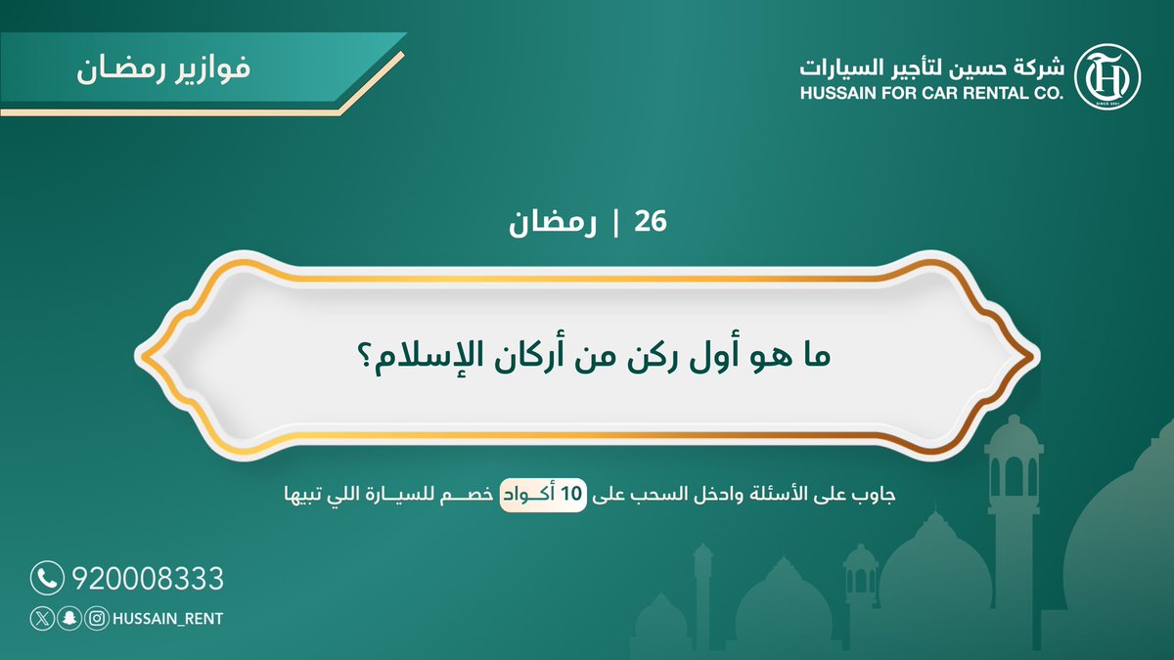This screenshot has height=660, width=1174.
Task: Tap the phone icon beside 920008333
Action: coord(46,578)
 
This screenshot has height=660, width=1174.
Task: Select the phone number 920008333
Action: coord(148,579)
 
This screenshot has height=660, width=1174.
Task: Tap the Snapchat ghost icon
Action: coord(68,618)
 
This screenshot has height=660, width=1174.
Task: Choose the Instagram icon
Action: coord(95,618)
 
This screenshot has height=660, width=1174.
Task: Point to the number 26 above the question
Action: coord(651,223)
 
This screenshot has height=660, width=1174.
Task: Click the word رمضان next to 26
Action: coord(548,224)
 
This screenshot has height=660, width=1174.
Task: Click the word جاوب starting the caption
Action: coord(873,496)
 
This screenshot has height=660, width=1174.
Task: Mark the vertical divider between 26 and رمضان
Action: coord(617,224)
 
